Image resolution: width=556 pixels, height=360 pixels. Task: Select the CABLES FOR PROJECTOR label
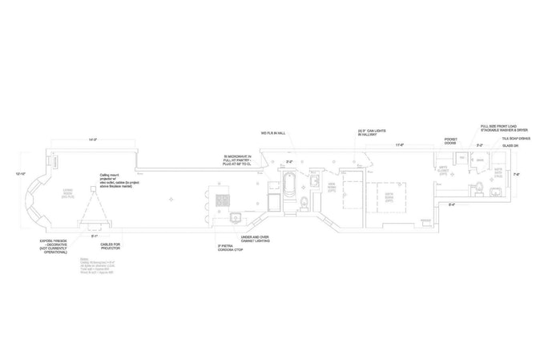(105, 245)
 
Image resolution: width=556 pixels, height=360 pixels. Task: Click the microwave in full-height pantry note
(238, 160)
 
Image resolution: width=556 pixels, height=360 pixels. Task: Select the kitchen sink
(235, 216)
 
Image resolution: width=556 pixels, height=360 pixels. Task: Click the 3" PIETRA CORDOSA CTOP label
(231, 249)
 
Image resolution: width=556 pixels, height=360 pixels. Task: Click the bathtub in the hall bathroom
(289, 191)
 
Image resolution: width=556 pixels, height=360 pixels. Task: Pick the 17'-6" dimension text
(397, 145)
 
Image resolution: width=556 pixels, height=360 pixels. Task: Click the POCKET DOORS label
(450, 141)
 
